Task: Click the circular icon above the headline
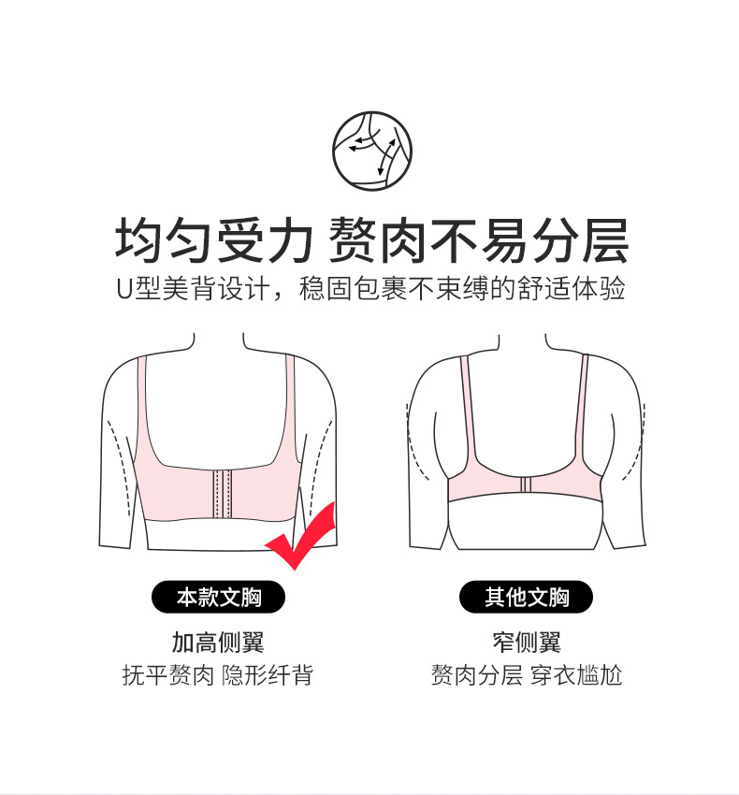[x=371, y=152]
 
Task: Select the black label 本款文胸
[x=218, y=597]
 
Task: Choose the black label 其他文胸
[x=526, y=597]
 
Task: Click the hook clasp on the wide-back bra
[x=222, y=495]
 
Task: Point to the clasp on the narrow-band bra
[x=525, y=484]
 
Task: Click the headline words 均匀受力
[x=213, y=240]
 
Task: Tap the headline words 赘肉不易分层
[x=478, y=240]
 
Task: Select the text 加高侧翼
[x=218, y=643]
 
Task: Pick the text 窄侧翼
[x=527, y=643]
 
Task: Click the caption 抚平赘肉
[x=167, y=675]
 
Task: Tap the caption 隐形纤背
[x=268, y=675]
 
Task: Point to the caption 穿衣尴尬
[x=576, y=675]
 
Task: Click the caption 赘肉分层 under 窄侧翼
[x=477, y=675]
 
